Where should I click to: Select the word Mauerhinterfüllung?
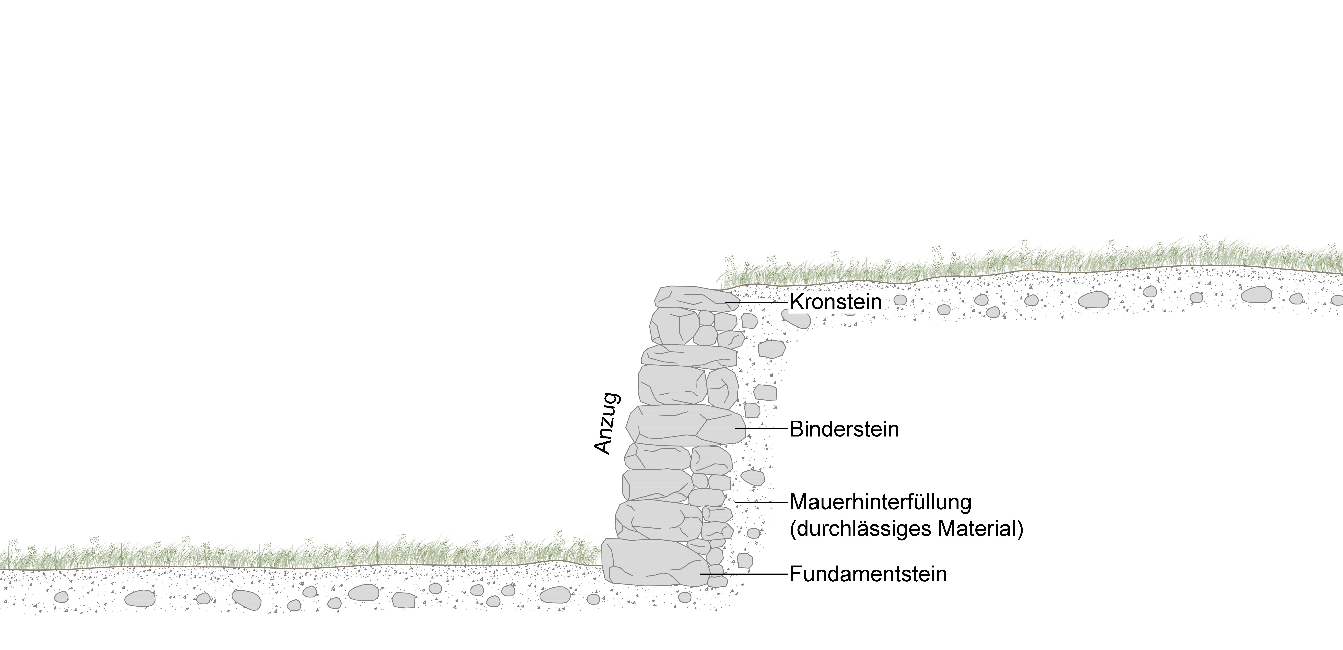pyautogui.click(x=881, y=502)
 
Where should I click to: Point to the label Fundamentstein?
pyautogui.click(x=868, y=574)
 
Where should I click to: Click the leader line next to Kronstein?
pyautogui.click(x=755, y=302)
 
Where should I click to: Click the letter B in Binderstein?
pyautogui.click(x=796, y=429)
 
